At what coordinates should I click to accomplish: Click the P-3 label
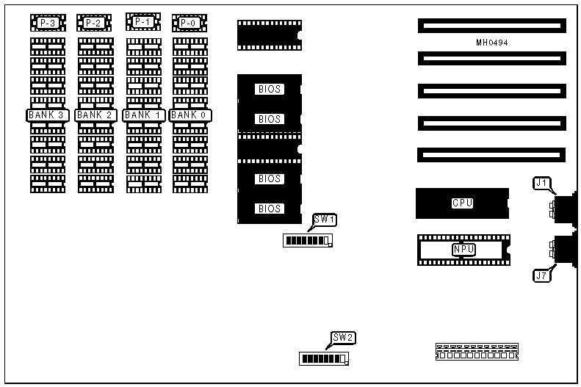pyautogui.click(x=48, y=23)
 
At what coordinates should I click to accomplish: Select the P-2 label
pyautogui.click(x=94, y=23)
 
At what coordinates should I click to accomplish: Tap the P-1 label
pyautogui.click(x=142, y=22)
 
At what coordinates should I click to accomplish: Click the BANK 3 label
pyautogui.click(x=48, y=115)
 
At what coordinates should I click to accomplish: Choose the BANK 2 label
pyautogui.click(x=95, y=115)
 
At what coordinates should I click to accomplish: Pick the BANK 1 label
pyautogui.click(x=142, y=115)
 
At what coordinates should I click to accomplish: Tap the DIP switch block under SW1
pyautogui.click(x=308, y=240)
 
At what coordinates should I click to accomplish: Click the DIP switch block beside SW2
pyautogui.click(x=324, y=358)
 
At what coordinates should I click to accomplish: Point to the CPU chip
pyautogui.click(x=462, y=203)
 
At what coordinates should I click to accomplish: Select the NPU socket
pyautogui.click(x=463, y=250)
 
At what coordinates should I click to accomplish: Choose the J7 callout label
pyautogui.click(x=541, y=276)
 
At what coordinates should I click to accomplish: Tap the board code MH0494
pyautogui.click(x=492, y=43)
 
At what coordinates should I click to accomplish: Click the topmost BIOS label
pyautogui.click(x=270, y=90)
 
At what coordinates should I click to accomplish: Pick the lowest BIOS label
pyautogui.click(x=270, y=209)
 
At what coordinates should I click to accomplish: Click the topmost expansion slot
pyautogui.click(x=492, y=26)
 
